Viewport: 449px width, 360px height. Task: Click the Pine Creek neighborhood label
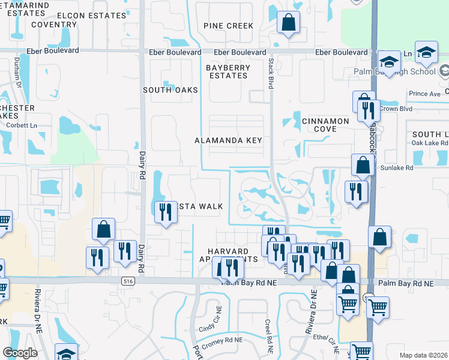pos(228,26)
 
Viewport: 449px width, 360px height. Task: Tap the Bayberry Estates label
pos(228,72)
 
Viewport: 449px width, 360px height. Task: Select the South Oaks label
pos(170,90)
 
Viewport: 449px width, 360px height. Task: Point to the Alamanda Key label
pos(229,140)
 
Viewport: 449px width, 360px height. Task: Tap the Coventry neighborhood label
pos(54,25)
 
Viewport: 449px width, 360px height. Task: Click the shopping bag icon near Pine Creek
pos(289,23)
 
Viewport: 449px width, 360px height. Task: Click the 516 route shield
pos(128,280)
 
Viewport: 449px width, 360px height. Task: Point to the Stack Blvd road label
pos(271,74)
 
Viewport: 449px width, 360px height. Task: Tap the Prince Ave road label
pos(424,94)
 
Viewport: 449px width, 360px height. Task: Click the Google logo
pos(20,353)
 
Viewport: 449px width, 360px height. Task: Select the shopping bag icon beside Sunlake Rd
pos(363,165)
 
